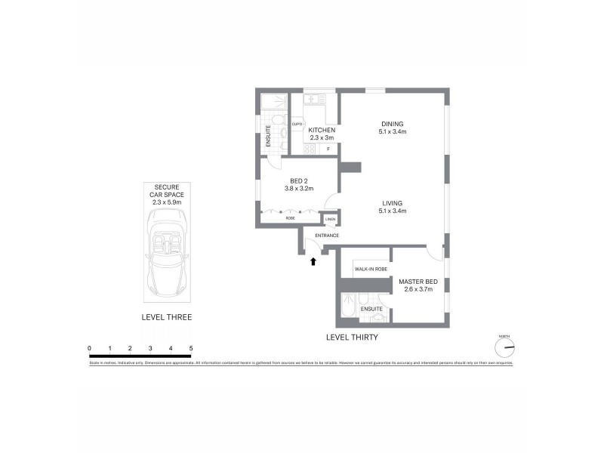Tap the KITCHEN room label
click(x=322, y=131)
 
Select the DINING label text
click(x=392, y=124)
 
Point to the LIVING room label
click(x=392, y=203)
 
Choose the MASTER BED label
click(x=418, y=282)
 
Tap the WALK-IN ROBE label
click(x=371, y=269)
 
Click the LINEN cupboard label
click(x=330, y=220)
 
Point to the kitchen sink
click(x=312, y=99)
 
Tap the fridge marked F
click(x=328, y=149)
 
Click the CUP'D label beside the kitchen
click(x=297, y=124)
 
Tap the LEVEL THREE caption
click(x=167, y=318)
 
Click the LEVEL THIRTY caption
click(x=352, y=337)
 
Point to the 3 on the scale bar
click(x=150, y=348)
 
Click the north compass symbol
click(x=504, y=347)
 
